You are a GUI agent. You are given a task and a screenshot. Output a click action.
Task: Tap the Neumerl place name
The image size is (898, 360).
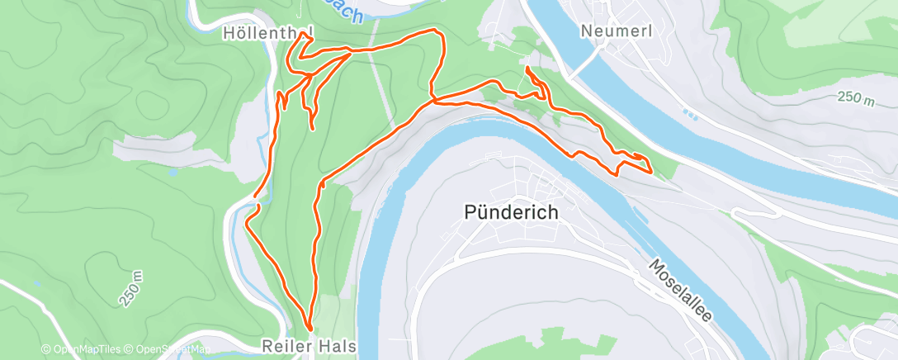pos(617,30)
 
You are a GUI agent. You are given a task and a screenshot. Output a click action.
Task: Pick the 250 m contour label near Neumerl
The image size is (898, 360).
pos(855,98)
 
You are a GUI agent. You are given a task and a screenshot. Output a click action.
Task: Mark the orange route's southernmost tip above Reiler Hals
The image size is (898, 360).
pos(310,330)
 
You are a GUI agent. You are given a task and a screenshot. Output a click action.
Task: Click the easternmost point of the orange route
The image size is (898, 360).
pos(652,172)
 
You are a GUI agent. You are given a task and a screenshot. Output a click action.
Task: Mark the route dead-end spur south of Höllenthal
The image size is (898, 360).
pos(313,129)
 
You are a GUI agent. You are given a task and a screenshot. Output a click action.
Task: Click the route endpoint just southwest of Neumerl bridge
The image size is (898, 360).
pos(526,67)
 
